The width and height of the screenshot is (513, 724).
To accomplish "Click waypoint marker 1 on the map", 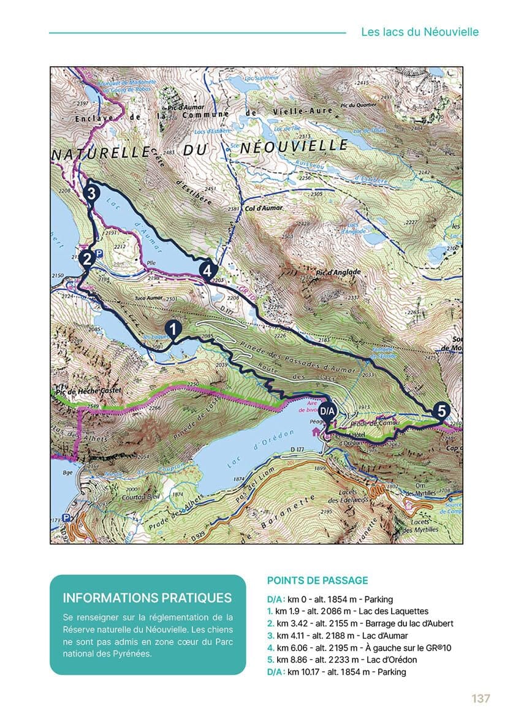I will tap(173, 329).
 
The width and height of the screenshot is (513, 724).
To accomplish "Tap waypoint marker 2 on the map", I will tap(87, 259).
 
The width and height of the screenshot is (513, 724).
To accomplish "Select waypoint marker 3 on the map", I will tap(90, 193).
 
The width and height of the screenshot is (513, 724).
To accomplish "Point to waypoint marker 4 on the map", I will tap(208, 269).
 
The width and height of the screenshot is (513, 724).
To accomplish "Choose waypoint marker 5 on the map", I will tap(440, 411).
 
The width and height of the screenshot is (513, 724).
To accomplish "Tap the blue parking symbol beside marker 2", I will tap(100, 252).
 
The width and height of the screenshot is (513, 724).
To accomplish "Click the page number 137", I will tap(481, 699).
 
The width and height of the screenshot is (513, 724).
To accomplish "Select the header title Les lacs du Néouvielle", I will tap(419, 32).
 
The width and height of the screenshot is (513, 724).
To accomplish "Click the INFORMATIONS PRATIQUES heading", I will tap(147, 598).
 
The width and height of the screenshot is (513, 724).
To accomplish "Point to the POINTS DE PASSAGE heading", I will tap(317, 580).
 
